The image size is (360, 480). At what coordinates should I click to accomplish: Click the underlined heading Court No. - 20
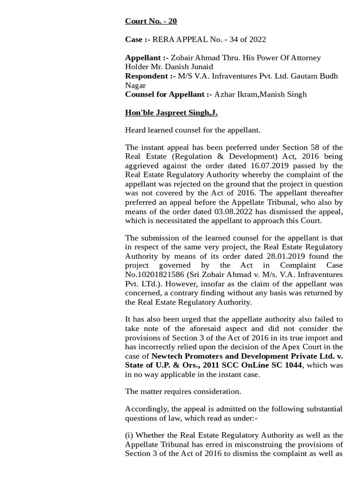[151, 21]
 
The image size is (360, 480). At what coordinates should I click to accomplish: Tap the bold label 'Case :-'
[137, 39]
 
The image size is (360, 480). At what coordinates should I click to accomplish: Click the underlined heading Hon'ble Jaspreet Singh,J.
[171, 112]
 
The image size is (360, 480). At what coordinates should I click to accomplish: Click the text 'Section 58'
[308, 147]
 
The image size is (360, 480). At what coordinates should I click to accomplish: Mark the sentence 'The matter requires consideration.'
[183, 391]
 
